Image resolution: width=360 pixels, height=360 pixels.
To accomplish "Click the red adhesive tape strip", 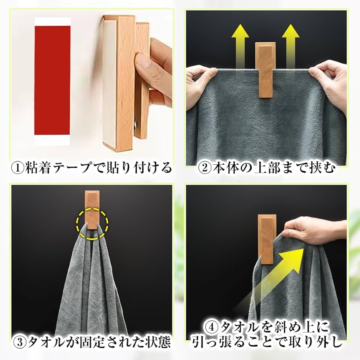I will tap(52, 81).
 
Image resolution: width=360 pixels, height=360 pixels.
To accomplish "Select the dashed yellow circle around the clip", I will tap(93, 224).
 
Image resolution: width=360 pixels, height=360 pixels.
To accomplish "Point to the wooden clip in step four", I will tap(267, 239).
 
